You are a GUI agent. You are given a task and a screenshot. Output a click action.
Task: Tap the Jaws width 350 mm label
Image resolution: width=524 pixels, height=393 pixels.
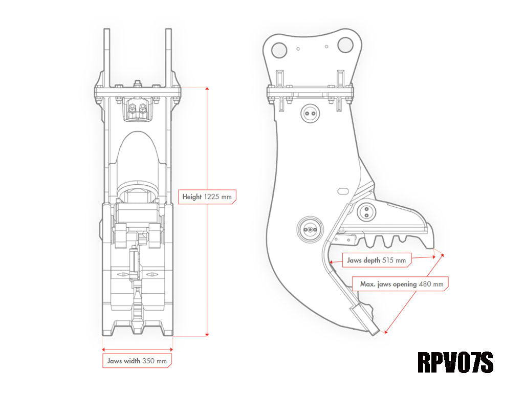137,361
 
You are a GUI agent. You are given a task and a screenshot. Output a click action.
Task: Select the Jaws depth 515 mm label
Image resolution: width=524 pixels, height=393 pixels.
376,260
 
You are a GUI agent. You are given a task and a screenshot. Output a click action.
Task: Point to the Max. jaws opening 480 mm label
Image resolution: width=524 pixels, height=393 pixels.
402,283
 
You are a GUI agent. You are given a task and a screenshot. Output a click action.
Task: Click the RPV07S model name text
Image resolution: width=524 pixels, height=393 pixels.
455,362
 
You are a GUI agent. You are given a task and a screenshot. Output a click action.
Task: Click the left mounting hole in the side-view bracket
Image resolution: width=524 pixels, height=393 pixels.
279,50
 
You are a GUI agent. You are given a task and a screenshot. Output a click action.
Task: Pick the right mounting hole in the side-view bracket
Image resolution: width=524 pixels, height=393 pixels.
345,46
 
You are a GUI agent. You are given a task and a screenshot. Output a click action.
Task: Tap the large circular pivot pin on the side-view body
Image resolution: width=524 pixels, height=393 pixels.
310,230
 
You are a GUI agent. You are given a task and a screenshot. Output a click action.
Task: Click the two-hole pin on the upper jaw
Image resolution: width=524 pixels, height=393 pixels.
366,211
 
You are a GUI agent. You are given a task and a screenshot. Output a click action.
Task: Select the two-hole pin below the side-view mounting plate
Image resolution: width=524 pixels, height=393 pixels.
310,113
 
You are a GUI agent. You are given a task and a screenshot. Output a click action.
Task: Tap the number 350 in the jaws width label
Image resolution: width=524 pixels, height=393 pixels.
149,361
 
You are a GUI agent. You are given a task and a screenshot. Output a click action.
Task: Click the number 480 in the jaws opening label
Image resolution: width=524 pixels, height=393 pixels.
425,283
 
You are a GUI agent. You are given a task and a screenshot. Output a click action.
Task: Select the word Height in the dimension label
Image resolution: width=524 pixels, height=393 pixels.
192,196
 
